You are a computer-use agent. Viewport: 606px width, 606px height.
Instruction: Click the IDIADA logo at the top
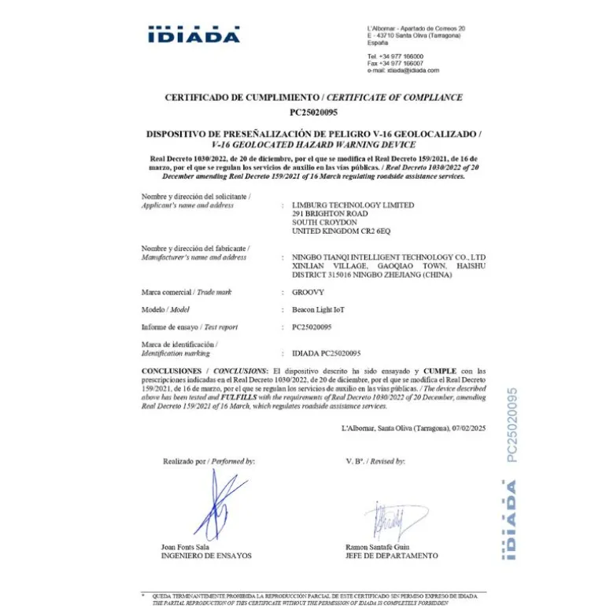194,35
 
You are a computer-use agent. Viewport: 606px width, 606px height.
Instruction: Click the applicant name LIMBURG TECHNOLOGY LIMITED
353,205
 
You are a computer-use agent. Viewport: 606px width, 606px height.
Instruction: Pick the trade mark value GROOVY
308,292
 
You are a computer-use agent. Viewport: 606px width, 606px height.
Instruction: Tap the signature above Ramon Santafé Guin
386,522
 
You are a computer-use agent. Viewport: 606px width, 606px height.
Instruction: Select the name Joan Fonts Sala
185,546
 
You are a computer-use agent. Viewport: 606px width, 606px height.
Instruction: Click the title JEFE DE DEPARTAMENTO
391,556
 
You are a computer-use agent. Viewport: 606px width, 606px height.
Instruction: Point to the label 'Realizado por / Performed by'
209,461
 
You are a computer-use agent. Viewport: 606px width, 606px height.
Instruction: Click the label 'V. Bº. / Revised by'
375,461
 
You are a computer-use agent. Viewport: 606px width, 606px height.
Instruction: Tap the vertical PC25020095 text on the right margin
512,425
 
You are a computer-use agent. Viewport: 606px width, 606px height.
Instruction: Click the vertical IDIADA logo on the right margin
512,520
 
